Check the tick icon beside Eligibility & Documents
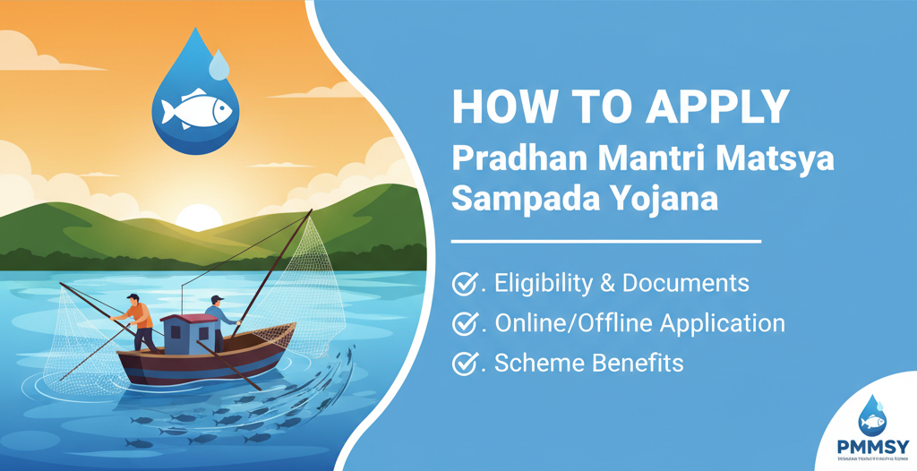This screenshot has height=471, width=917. point(463,284)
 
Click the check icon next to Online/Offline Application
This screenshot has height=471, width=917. point(463,323)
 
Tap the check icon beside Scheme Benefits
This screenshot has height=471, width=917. point(463,363)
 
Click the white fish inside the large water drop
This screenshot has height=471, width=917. point(196,110)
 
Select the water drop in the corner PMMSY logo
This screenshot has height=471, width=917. point(871,415)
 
